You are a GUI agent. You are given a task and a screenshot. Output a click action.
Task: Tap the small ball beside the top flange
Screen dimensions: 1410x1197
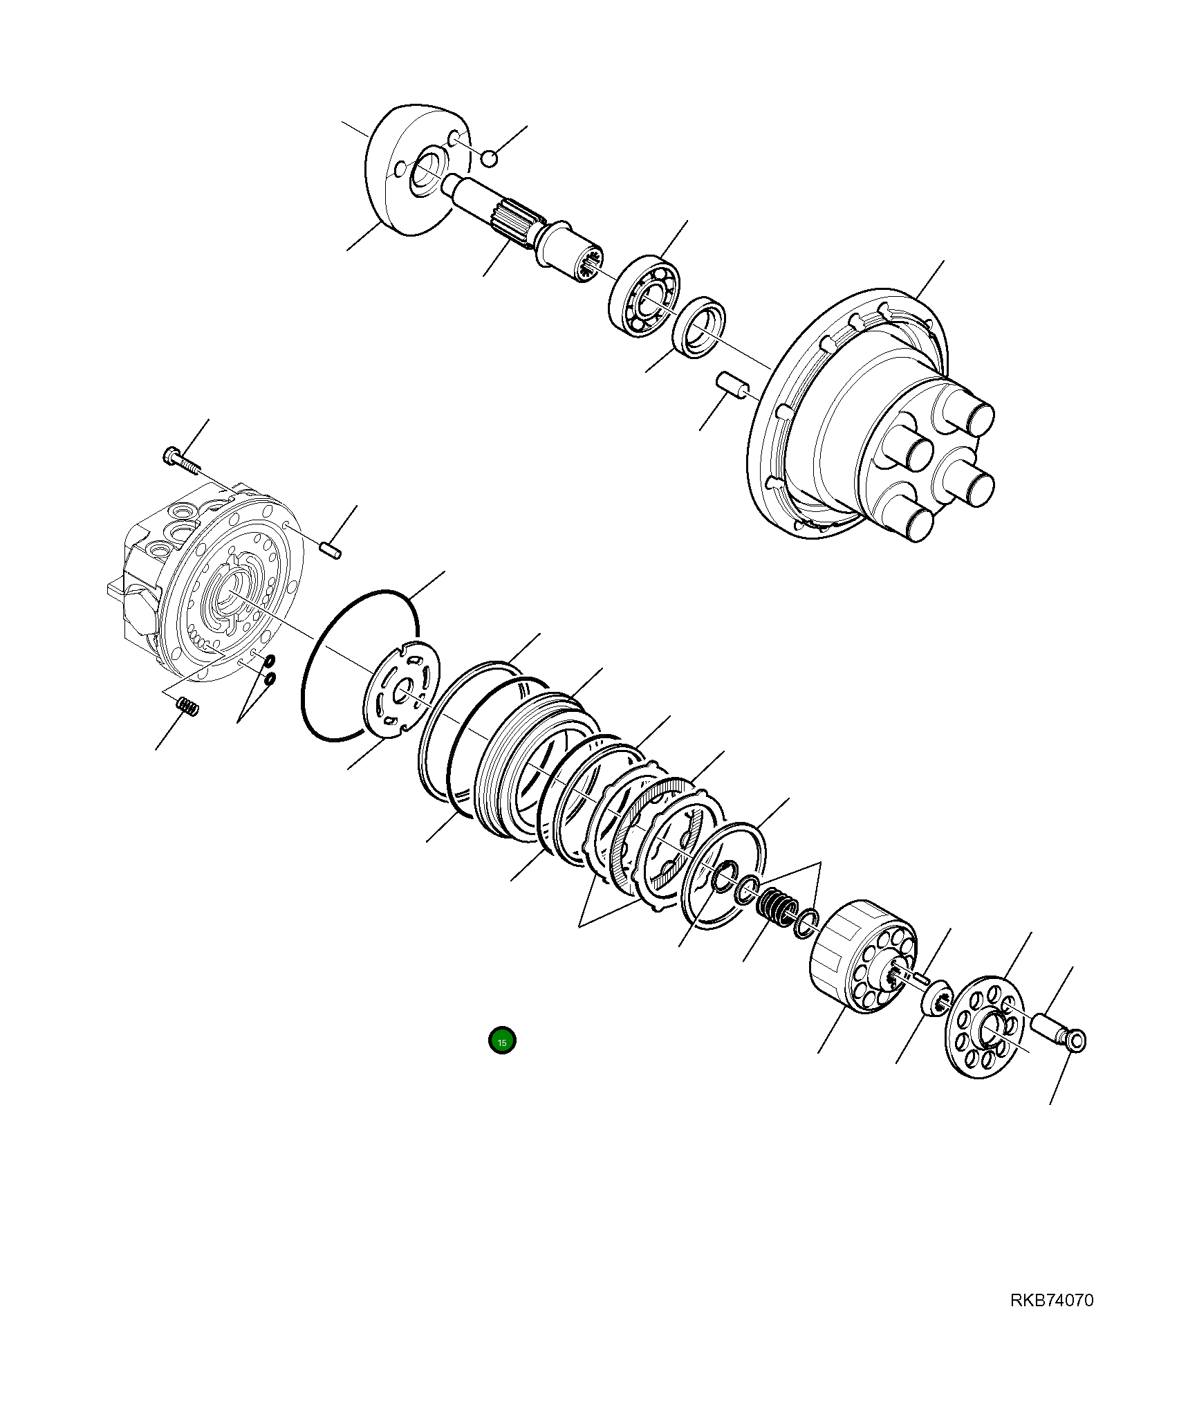pos(489,159)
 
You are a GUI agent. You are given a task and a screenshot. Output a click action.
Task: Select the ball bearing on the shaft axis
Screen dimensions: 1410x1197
pos(644,296)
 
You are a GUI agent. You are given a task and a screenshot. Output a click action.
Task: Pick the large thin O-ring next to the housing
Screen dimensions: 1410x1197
pos(360,666)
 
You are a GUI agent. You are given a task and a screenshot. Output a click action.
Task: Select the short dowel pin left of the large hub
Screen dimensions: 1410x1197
pos(731,384)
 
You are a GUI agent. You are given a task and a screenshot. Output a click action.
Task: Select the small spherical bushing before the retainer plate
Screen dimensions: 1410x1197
pos(936,1001)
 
